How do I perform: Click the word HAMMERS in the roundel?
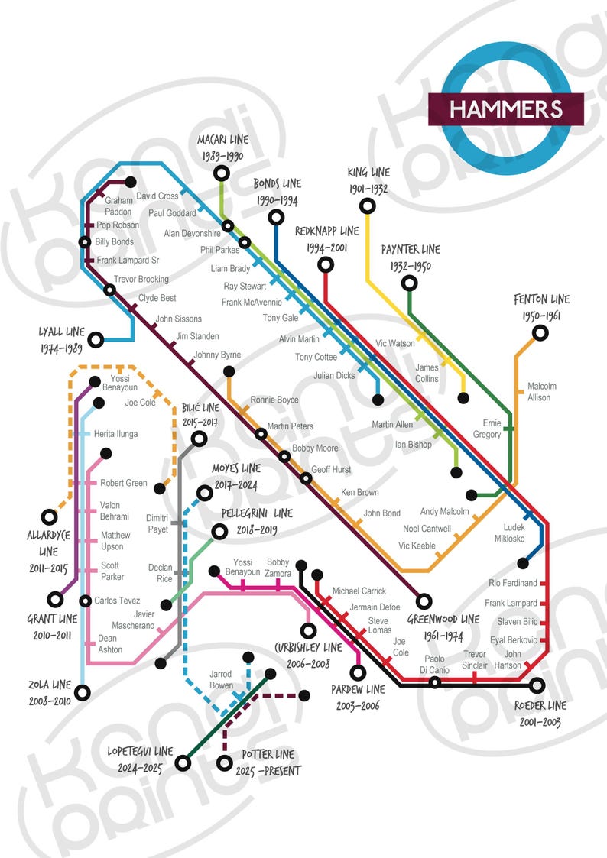click(x=505, y=108)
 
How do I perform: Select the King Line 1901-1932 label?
click(x=368, y=180)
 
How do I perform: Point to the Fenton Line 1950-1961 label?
click(x=541, y=308)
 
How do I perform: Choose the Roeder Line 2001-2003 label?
click(x=540, y=713)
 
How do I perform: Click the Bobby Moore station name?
click(x=315, y=448)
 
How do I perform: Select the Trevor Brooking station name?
click(x=141, y=280)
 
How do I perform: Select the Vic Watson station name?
click(x=396, y=344)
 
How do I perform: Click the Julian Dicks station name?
click(x=334, y=376)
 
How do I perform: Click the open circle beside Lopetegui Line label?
click(x=183, y=762)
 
